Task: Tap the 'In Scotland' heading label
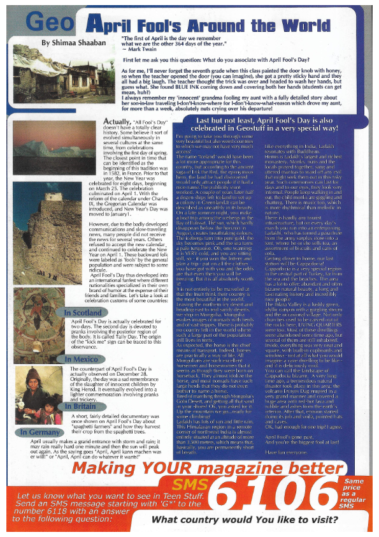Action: pyautogui.click(x=83, y=313)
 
